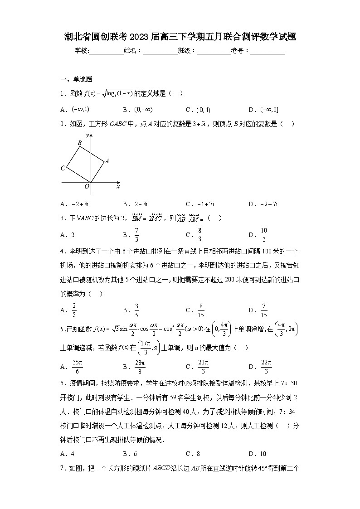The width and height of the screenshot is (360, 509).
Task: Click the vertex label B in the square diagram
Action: pyautogui.click(x=80, y=143)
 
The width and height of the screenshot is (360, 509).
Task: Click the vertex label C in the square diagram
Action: pyautogui.click(x=63, y=168)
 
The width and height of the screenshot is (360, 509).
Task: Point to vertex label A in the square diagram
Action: pyautogui.click(x=107, y=161)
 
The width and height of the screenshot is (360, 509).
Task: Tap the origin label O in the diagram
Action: pyautogui.click(x=87, y=186)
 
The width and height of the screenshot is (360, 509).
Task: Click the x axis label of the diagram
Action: pyautogui.click(x=118, y=186)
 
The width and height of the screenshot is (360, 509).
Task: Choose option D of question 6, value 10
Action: pyautogui.click(x=263, y=454)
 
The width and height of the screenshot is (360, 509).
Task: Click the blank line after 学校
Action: pyautogui.click(x=106, y=51)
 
